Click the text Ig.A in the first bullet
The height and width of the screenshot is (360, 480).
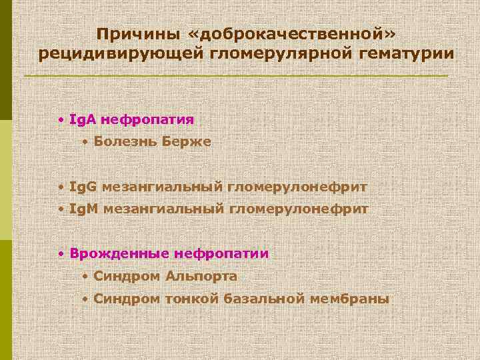[x=83, y=120]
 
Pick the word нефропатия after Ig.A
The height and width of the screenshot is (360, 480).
[x=147, y=120]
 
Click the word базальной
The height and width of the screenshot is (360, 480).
[x=264, y=299]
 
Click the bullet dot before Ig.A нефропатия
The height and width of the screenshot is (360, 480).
[x=61, y=121]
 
